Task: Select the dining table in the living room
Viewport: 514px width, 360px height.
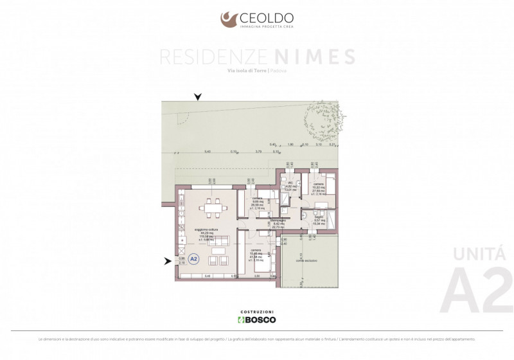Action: (x=211, y=208)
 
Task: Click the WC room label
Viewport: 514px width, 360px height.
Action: (x=290, y=184)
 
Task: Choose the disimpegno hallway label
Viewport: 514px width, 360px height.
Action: (x=278, y=221)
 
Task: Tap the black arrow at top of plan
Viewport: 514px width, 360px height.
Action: (x=198, y=97)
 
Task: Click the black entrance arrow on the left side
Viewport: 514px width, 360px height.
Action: (x=168, y=261)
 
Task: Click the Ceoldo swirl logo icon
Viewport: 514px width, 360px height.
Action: (x=229, y=19)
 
